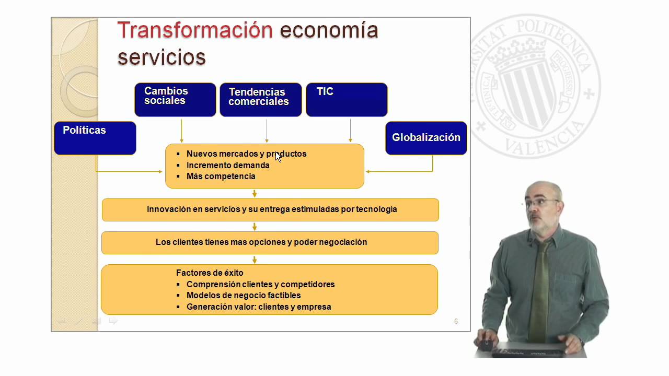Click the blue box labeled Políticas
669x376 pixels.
95,138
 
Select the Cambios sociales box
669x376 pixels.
175,99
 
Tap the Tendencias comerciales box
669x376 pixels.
260,99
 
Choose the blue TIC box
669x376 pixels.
346,99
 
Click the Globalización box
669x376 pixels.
426,138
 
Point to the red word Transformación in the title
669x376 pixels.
195,30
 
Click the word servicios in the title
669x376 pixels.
162,57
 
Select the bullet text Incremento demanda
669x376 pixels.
228,165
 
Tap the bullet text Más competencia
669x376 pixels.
221,177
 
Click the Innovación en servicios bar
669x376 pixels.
270,209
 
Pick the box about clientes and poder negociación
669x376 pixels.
270,242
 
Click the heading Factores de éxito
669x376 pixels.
210,273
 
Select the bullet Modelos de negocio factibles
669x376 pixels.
244,296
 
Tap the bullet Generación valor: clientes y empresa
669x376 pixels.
259,307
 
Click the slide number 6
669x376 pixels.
456,321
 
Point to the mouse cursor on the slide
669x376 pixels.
278,156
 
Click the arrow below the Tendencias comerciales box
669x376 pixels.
267,131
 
